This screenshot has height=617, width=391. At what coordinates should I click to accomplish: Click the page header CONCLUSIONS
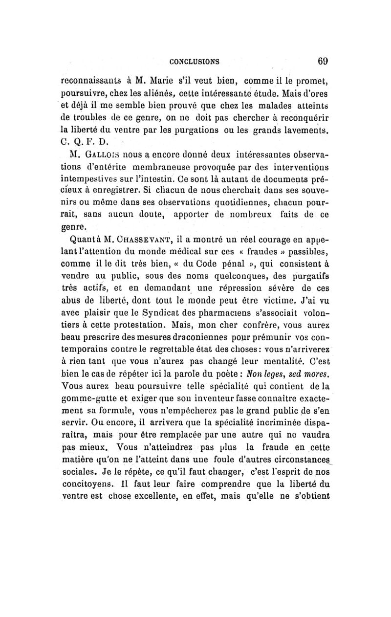(194, 62)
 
